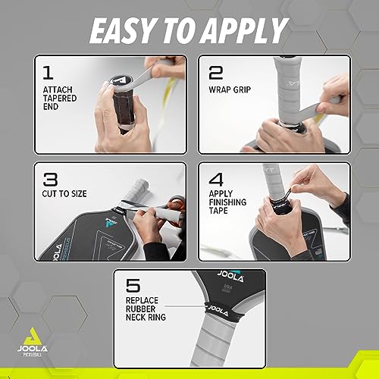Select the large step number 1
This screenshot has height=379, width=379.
(46, 74)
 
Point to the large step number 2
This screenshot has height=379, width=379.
(217, 74)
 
